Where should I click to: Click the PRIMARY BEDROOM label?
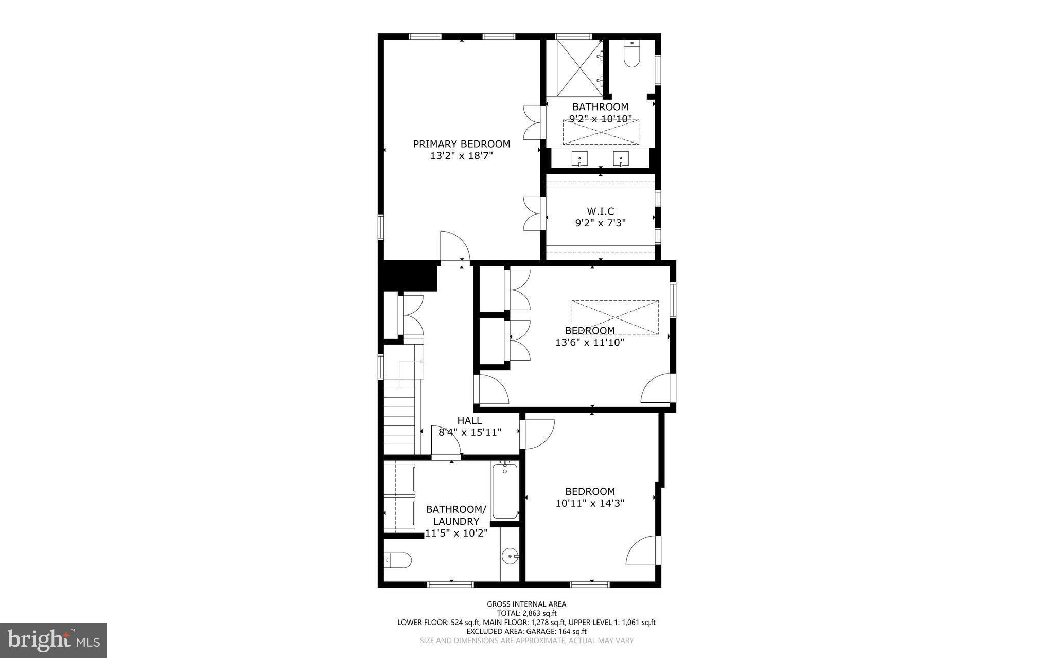[461, 144]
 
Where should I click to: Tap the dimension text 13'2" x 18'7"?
[461, 156]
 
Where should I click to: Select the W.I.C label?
[600, 211]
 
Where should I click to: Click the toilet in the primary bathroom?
[631, 54]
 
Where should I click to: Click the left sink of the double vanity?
[580, 160]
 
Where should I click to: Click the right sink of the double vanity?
[621, 160]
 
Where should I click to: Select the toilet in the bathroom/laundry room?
[398, 560]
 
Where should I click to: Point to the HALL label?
[469, 421]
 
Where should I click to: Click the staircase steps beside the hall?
[399, 422]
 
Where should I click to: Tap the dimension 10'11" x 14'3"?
[590, 503]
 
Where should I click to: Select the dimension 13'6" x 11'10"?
[590, 342]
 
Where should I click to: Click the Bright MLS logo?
[53, 640]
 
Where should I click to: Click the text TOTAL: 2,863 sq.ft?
[526, 613]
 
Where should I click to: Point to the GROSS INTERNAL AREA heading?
[526, 604]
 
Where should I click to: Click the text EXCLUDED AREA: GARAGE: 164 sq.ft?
[526, 631]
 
